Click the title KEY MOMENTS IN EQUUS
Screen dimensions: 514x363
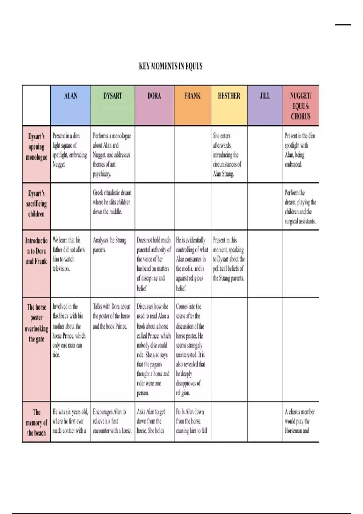[x=171, y=66]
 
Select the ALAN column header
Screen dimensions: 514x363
[x=70, y=96]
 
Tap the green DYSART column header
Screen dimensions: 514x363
[x=113, y=96]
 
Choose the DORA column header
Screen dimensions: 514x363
[x=154, y=96]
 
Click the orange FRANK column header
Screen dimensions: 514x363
[x=192, y=96]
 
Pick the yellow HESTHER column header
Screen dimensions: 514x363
[x=229, y=96]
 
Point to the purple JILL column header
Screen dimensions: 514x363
[x=265, y=96]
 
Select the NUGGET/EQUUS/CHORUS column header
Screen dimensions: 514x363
[x=300, y=106]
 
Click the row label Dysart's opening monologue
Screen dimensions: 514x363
[x=36, y=147]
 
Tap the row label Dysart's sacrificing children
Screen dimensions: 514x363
[x=36, y=203]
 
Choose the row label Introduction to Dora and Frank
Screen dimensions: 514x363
[x=36, y=251]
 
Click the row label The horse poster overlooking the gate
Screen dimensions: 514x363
[x=36, y=323]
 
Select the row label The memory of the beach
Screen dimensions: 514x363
[x=36, y=422]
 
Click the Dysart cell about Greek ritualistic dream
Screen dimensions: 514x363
[x=112, y=202]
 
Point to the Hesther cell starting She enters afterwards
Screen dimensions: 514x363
[x=227, y=155]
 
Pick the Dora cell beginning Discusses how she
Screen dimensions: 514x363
[x=154, y=349]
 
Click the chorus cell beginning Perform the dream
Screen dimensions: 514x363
[x=300, y=207]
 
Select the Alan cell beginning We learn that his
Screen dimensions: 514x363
[x=69, y=254]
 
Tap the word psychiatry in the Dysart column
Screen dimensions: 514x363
[x=102, y=174]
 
